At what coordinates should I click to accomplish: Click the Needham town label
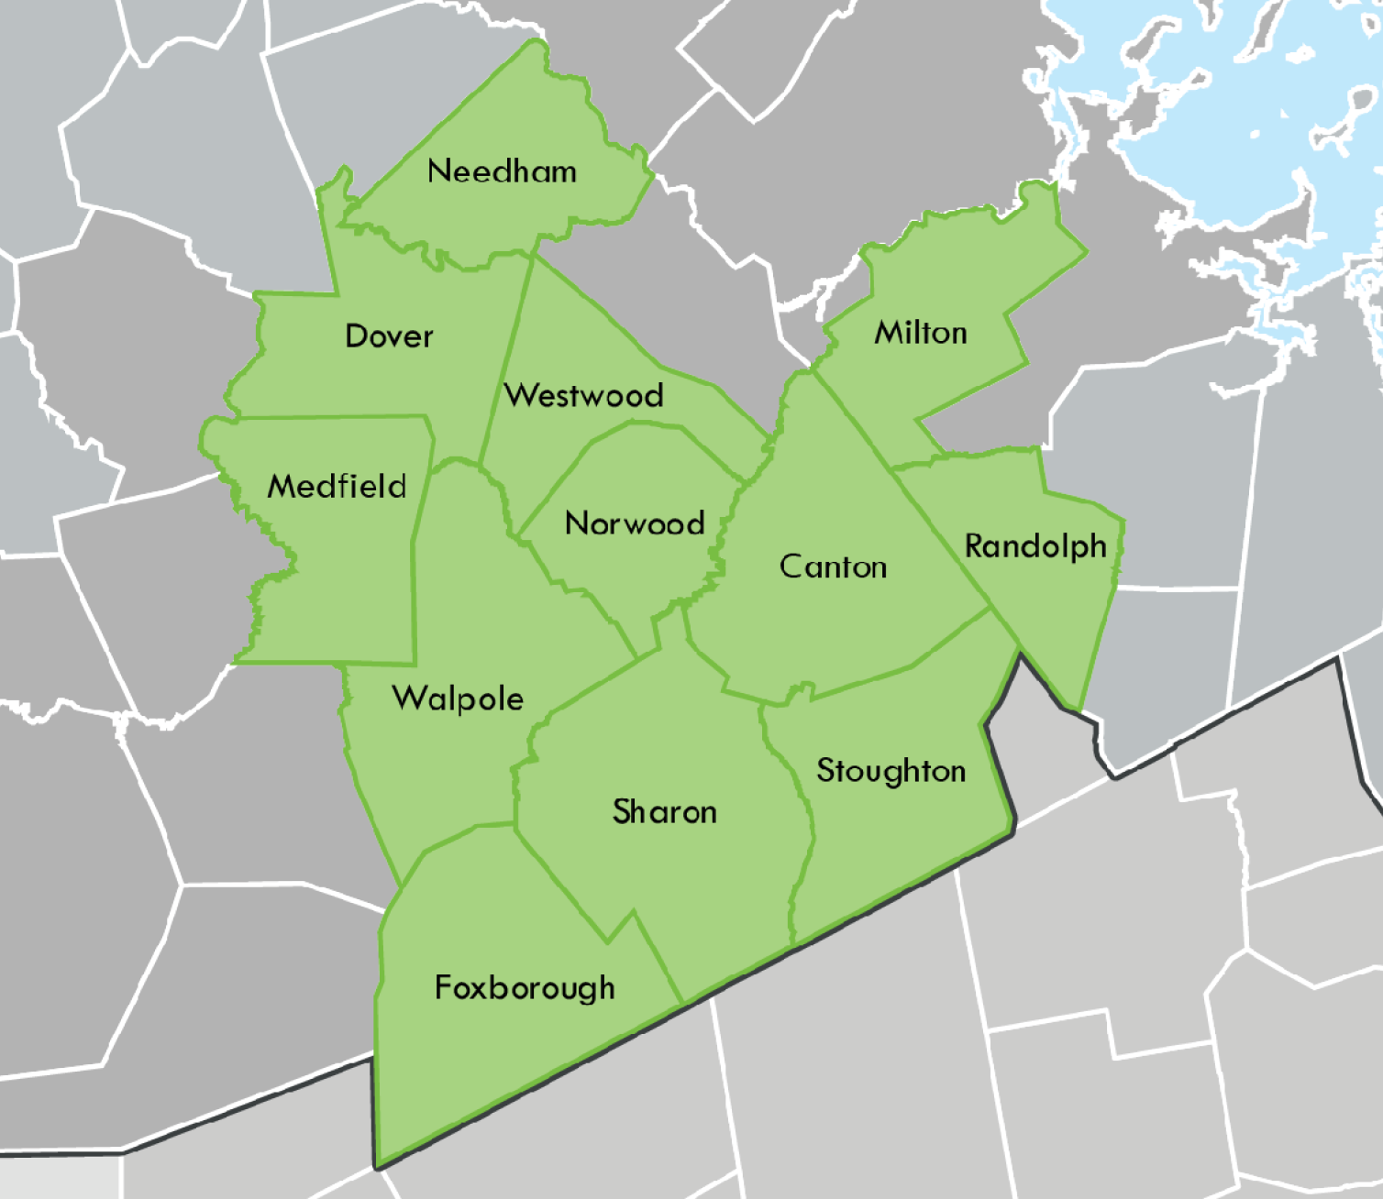click(x=502, y=171)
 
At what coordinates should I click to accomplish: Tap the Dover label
click(x=389, y=336)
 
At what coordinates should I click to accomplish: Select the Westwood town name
click(x=584, y=395)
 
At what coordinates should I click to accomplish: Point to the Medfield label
click(x=337, y=486)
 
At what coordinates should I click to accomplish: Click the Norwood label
click(x=635, y=523)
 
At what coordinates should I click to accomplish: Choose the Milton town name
click(x=921, y=332)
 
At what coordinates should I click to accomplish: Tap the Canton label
click(x=833, y=566)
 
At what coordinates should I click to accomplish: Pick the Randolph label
click(x=1035, y=547)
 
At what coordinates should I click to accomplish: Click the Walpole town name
click(x=458, y=698)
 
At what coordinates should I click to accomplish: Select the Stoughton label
click(x=891, y=771)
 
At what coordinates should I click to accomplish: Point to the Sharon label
click(x=664, y=812)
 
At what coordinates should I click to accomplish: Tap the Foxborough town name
click(x=525, y=988)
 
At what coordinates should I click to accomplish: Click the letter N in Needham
click(x=437, y=171)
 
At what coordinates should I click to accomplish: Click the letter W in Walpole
click(x=405, y=698)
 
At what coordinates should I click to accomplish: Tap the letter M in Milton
click(x=886, y=332)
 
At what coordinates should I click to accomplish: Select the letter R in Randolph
click(x=974, y=546)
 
